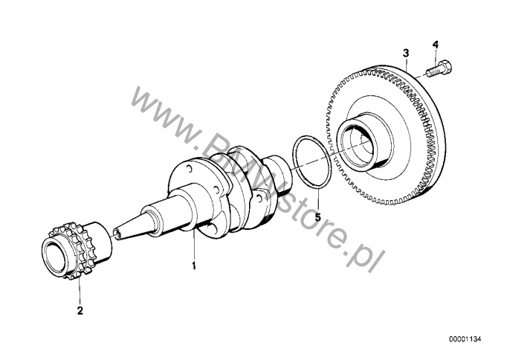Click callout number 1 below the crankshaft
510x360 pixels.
(x=194, y=266)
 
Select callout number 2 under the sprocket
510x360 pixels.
(x=80, y=310)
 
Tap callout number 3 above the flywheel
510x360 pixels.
(x=406, y=53)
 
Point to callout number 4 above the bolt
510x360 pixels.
(x=436, y=45)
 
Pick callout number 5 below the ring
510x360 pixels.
(x=317, y=216)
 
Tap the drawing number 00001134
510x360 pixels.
(x=465, y=339)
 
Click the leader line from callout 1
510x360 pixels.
(x=194, y=245)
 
